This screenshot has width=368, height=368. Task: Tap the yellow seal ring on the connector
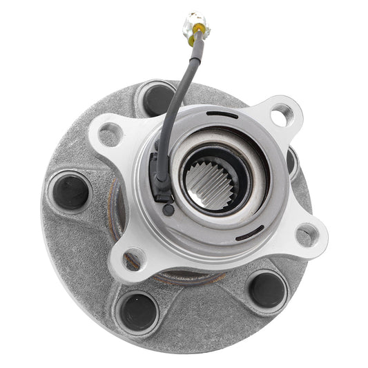(199, 28)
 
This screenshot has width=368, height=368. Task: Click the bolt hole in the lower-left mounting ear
(133, 260)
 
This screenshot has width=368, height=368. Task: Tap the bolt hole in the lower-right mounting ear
(307, 235)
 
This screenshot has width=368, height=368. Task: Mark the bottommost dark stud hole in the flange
(139, 310)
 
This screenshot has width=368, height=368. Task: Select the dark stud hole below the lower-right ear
(267, 289)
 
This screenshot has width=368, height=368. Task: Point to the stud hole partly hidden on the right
(293, 162)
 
